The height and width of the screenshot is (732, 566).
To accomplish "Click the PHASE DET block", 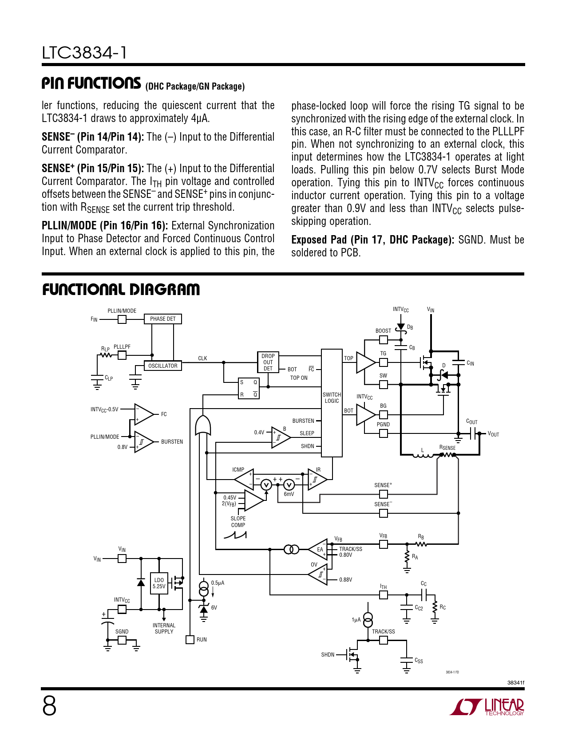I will click(163, 319).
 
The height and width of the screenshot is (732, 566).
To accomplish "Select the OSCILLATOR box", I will click(163, 366).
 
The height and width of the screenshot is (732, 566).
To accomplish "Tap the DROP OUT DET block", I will click(268, 362).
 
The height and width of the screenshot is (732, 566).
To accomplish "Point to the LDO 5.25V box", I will click(159, 583).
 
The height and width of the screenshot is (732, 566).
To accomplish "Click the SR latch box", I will click(249, 388).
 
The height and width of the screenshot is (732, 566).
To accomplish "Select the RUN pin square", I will click(190, 640).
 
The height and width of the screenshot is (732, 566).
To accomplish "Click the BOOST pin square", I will click(384, 340).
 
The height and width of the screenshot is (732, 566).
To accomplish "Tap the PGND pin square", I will click(384, 433).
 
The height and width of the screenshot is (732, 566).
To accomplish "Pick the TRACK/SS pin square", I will click(384, 640).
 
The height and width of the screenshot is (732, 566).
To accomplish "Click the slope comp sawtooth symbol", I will click(235, 535).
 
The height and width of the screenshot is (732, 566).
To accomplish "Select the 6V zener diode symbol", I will click(204, 609).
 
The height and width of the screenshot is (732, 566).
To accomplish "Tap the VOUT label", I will click(493, 434).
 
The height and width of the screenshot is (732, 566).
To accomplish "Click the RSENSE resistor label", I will click(447, 448).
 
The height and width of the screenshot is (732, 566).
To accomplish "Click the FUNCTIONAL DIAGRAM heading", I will click(121, 290).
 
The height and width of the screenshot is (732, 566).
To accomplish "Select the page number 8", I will click(49, 706).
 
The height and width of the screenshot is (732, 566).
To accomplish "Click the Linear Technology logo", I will click(487, 707).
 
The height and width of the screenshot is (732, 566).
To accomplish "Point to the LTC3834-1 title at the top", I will click(84, 53).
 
